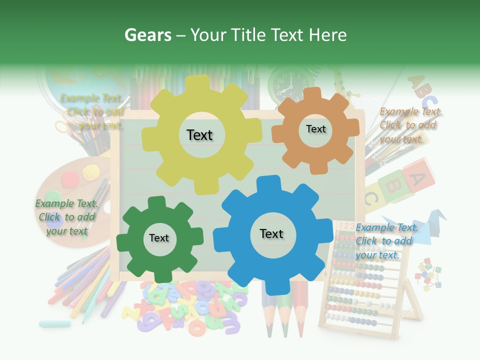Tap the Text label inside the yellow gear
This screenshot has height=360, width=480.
[199, 135]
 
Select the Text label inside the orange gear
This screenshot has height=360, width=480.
[315, 129]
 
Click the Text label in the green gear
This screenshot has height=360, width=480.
[159, 238]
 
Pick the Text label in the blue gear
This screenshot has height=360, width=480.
[271, 233]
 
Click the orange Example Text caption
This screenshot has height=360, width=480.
[410, 125]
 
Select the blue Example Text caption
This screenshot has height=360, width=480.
[386, 241]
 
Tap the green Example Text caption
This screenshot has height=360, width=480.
[66, 217]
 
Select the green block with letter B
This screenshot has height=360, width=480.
[392, 185]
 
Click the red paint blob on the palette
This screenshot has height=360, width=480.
[69, 177]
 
